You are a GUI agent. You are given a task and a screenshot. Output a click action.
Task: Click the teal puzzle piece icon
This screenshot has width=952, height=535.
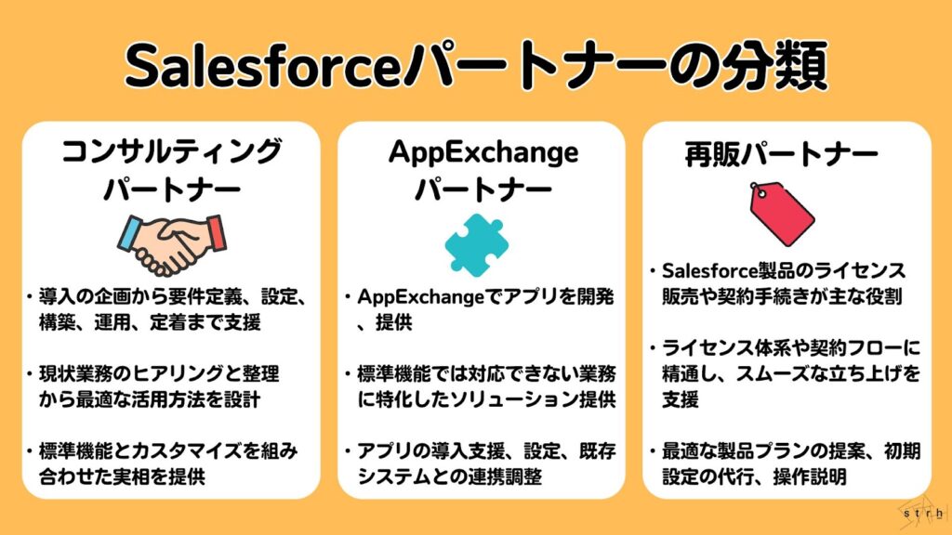point(477,244)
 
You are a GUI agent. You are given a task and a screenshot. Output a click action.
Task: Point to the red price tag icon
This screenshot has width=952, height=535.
point(780,214)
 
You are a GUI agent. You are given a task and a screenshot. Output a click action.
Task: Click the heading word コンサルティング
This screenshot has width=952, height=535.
point(172,151)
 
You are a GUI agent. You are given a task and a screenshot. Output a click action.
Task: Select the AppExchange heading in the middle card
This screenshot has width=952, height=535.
point(483,152)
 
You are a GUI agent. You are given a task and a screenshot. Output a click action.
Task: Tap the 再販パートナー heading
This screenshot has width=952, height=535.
point(781,155)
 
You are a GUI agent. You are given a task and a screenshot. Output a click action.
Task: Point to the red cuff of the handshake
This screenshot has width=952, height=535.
point(216,232)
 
